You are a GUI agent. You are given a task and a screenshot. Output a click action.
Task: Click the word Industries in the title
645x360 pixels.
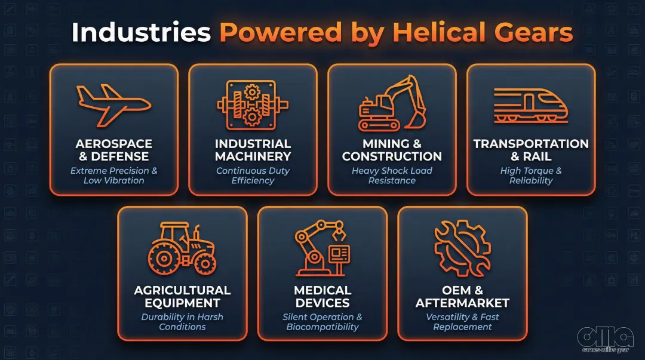(141, 33)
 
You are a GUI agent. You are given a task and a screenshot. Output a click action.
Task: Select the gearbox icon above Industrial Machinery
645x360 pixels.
(253, 105)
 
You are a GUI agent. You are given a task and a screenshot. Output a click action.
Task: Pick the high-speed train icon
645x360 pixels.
(530, 106)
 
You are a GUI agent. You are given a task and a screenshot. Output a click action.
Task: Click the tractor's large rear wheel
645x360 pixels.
(162, 257)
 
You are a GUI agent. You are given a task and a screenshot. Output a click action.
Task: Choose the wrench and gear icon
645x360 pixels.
(462, 248)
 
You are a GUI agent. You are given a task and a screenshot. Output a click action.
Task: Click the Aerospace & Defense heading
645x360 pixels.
(113, 150)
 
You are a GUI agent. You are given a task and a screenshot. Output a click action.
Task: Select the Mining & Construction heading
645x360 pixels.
(392, 150)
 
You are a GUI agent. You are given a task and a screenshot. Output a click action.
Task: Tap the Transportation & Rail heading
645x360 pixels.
(531, 150)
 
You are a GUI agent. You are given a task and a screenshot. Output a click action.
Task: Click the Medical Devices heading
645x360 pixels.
(322, 297)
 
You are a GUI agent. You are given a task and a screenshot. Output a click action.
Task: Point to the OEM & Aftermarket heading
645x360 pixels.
(462, 297)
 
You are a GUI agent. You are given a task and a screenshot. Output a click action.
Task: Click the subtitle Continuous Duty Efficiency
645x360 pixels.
(253, 176)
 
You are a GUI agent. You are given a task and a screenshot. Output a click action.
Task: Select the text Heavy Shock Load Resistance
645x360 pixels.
(392, 176)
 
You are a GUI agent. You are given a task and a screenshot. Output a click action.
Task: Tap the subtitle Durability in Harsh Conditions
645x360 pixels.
(182, 322)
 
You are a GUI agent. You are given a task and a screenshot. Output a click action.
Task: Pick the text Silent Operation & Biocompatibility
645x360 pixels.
(322, 322)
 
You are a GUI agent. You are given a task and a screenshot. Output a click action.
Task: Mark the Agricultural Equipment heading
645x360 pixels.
(182, 297)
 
